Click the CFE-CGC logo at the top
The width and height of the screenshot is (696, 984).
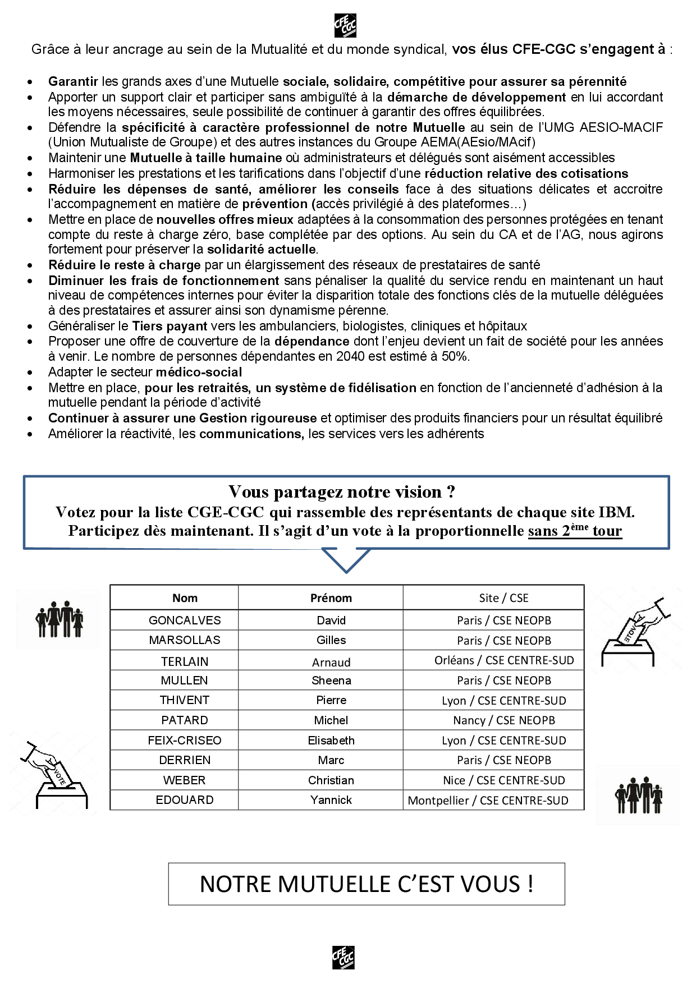(345, 25)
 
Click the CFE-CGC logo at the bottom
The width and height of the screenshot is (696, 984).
(343, 958)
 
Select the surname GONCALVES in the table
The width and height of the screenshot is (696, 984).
(185, 620)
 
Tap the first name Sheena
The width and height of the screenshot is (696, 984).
(331, 680)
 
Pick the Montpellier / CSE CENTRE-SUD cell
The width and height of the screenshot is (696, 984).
(488, 801)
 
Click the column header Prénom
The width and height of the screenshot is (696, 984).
(331, 598)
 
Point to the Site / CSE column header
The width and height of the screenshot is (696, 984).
(503, 598)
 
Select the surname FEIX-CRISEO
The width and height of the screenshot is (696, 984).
(185, 741)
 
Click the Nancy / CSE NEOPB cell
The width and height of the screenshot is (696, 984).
(503, 720)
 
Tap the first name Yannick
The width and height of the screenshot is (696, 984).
(331, 800)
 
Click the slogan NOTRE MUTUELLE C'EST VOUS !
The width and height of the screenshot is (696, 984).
(367, 884)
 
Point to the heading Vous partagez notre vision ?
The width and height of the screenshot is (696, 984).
(342, 492)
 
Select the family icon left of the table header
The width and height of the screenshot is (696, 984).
(59, 619)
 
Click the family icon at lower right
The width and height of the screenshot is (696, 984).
(638, 795)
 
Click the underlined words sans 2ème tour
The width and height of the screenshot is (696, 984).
(575, 531)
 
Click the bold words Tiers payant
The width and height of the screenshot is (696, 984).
(170, 326)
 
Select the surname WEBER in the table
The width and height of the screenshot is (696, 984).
(185, 780)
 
